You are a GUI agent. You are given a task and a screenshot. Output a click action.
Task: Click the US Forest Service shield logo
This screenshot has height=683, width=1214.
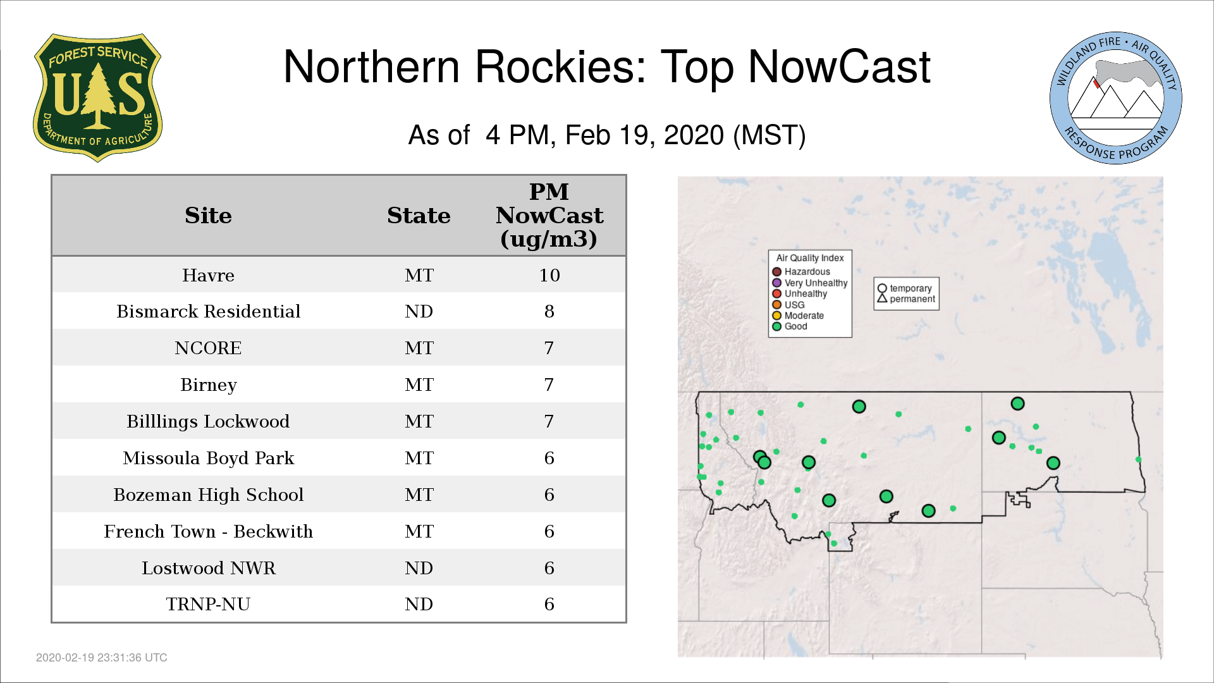coord(97,97)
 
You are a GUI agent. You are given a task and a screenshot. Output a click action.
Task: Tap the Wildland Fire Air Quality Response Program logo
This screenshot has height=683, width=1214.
coord(1116,98)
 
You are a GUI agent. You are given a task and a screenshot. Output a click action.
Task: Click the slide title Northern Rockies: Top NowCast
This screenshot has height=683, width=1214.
coord(607,67)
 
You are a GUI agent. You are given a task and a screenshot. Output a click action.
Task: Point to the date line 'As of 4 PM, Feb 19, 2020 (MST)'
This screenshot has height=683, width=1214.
coord(607,135)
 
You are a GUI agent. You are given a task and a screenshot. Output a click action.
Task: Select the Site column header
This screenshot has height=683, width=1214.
coord(208,216)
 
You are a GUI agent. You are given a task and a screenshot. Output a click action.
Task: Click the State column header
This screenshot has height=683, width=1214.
coord(419,216)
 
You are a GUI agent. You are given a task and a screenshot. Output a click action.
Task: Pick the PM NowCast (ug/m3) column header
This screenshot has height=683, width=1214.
coord(549,216)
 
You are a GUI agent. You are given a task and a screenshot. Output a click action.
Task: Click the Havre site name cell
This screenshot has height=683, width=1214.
coord(208,275)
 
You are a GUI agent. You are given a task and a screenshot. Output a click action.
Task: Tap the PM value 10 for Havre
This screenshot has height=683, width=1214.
coord(549,275)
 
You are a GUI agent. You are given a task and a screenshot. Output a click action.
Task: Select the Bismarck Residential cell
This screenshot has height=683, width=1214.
coord(208,311)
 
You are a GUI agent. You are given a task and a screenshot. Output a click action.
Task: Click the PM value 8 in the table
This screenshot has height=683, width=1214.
coord(549,311)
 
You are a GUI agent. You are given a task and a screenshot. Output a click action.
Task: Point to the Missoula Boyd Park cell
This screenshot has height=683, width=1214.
coord(208,458)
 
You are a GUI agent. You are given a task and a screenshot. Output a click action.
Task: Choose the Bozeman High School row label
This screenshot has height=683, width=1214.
coord(208,495)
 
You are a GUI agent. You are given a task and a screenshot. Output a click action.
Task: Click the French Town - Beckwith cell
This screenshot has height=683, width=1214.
coord(208,531)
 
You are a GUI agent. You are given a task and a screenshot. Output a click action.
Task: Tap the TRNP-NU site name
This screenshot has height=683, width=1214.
coord(208,604)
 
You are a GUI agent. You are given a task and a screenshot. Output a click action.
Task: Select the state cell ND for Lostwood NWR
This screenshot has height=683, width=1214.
coord(419,568)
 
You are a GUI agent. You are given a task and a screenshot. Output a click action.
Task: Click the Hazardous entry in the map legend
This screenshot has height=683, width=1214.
coord(801,272)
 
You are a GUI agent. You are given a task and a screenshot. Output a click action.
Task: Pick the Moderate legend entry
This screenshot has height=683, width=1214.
coord(798,316)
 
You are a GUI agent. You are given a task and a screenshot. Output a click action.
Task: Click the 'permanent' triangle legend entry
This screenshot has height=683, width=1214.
coord(906,298)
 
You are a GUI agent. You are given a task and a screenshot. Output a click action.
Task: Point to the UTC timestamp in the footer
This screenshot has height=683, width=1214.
coord(102,658)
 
